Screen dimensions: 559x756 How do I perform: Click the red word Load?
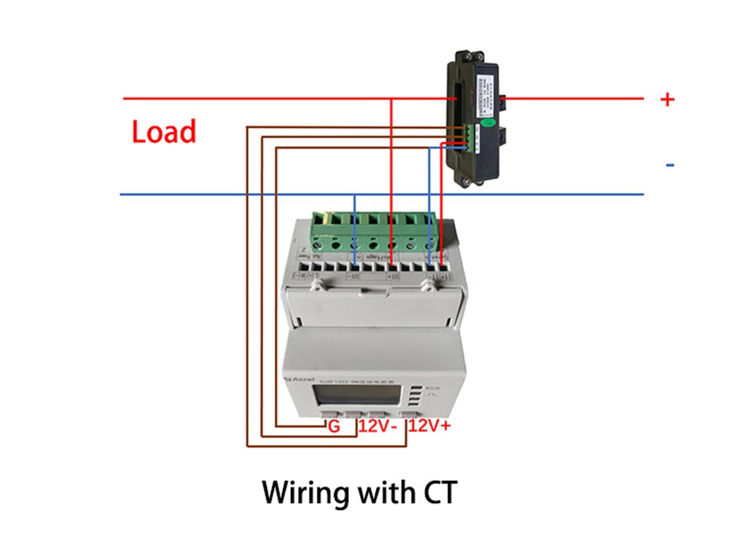pos(164,132)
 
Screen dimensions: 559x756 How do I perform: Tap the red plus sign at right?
pos(667,99)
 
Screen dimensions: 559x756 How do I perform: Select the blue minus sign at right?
pos(670,165)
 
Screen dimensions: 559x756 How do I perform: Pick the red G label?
pos(333,427)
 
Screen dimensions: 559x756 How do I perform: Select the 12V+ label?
pos(429,427)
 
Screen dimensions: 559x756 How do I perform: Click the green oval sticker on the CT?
pos(488,120)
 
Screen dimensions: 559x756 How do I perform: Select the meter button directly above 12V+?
pos(415,415)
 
